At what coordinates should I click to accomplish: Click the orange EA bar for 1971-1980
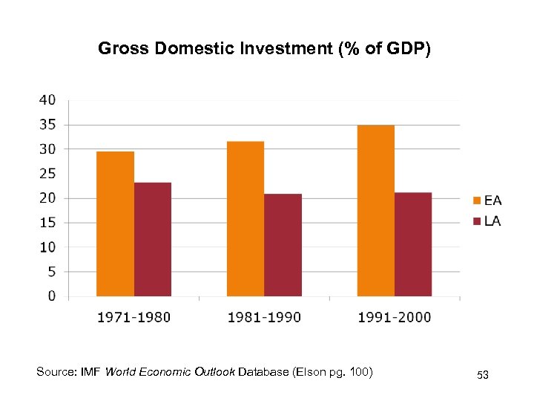click(115, 224)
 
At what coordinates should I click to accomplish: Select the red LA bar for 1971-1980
click(153, 239)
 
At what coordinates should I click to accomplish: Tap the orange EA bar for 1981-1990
click(245, 218)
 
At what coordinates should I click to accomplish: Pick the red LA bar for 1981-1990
click(283, 245)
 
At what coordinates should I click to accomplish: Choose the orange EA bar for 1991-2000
click(376, 210)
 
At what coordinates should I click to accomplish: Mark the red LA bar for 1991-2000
click(413, 244)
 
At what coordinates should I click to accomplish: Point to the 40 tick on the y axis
click(47, 100)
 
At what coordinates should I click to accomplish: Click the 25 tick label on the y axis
click(47, 174)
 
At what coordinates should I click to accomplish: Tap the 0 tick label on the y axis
click(52, 296)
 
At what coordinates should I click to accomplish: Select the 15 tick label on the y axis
click(47, 223)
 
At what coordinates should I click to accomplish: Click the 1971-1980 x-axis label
click(133, 317)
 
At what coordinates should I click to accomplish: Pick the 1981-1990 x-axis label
click(264, 317)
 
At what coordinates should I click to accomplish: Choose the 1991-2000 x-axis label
click(394, 317)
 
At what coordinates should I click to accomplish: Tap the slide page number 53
click(483, 376)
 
